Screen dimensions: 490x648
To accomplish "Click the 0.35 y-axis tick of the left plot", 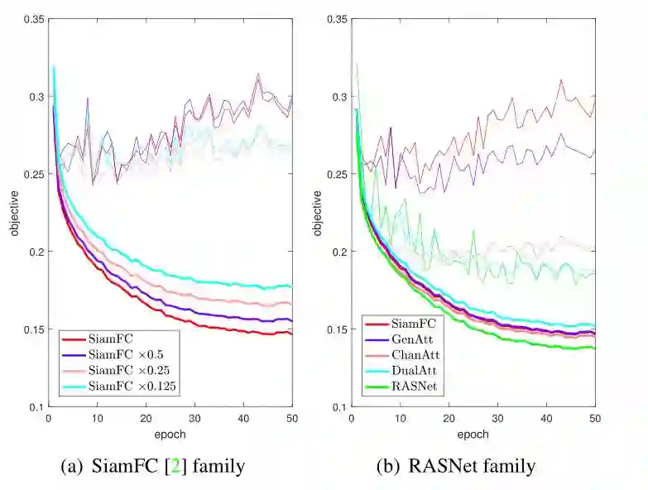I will tap(33, 19).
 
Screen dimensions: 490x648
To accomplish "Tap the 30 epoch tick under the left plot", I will tap(194, 419).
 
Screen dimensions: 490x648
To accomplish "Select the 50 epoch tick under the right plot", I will tap(594, 419).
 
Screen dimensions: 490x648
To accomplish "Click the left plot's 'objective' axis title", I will tap(13, 213).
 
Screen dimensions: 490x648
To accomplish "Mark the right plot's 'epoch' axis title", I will tap(473, 434).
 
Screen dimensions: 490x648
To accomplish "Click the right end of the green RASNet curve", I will tap(594, 348).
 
